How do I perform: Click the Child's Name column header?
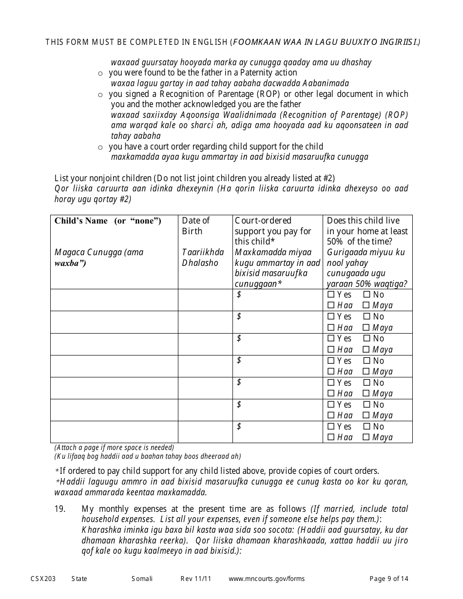pyautogui.click(x=108, y=221)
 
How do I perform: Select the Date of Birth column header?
pyautogui.click(x=195, y=226)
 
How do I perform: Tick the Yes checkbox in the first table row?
pyautogui.click(x=331, y=295)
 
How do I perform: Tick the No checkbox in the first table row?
pyautogui.click(x=366, y=295)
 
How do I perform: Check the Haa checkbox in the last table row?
pyautogui.click(x=331, y=437)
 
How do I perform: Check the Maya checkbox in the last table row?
pyautogui.click(x=366, y=437)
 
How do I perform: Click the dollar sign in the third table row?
pyautogui.click(x=239, y=338)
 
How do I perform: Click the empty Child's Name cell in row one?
pyautogui.click(x=114, y=300)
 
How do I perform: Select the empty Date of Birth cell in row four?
pyautogui.click(x=205, y=366)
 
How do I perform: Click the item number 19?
pyautogui.click(x=59, y=509)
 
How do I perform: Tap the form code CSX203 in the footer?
pyautogui.click(x=43, y=579)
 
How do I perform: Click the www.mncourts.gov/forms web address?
pyautogui.click(x=267, y=579)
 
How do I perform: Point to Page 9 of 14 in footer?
pyautogui.click(x=389, y=579)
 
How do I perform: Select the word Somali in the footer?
pyautogui.click(x=142, y=579)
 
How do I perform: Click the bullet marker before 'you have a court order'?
pyautogui.click(x=100, y=147)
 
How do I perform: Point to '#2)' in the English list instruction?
pyautogui.click(x=328, y=178)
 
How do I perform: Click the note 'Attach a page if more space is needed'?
pyautogui.click(x=114, y=447)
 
